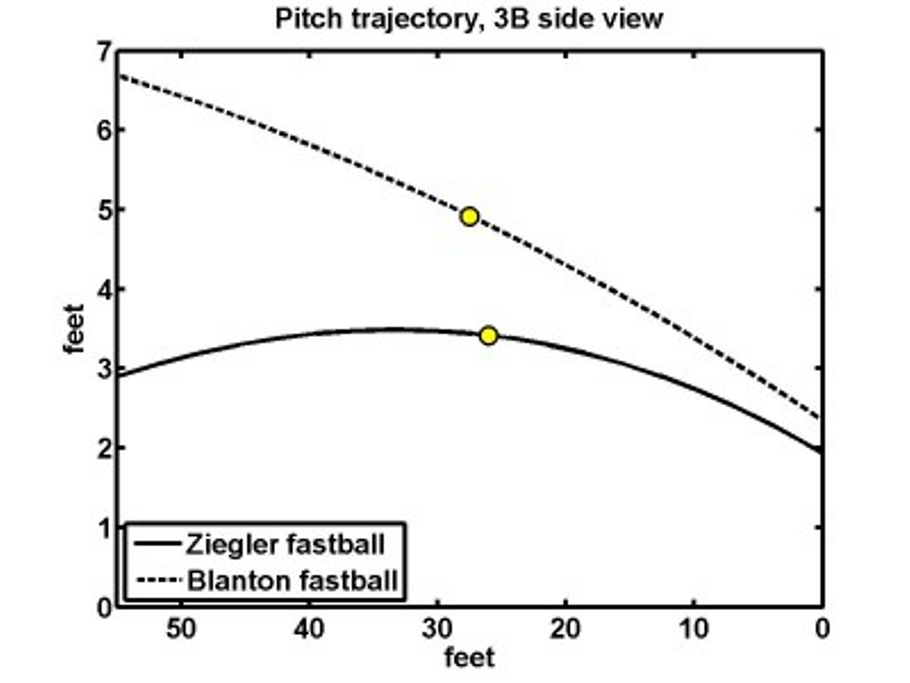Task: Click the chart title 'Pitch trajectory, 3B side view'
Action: [469, 19]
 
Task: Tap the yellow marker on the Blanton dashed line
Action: [469, 217]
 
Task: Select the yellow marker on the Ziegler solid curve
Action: [488, 336]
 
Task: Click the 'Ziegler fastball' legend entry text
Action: [285, 545]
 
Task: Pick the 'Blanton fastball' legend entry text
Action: [293, 581]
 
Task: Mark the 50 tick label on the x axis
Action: [181, 629]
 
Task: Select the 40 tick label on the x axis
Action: [310, 629]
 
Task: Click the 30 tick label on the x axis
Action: [437, 629]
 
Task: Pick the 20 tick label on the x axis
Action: [566, 629]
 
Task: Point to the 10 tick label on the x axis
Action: [693, 629]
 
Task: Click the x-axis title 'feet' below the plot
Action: [470, 658]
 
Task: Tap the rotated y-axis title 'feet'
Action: [74, 329]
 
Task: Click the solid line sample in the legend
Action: [158, 544]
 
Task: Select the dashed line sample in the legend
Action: [158, 581]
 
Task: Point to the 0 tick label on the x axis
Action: [822, 629]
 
